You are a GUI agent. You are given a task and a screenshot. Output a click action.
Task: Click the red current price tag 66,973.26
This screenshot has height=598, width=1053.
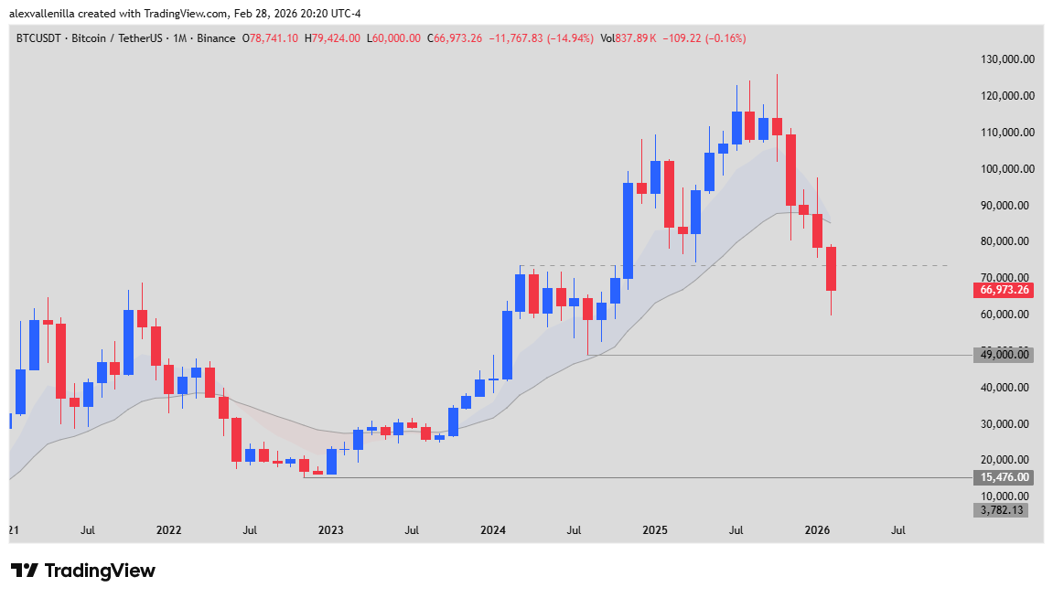pyautogui.click(x=1005, y=290)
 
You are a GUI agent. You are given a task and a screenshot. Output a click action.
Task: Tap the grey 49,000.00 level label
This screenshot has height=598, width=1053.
pyautogui.click(x=1005, y=355)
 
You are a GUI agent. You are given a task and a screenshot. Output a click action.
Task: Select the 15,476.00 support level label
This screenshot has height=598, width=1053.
pyautogui.click(x=1005, y=477)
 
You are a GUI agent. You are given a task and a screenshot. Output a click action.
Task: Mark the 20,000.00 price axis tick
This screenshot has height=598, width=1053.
pyautogui.click(x=1007, y=460)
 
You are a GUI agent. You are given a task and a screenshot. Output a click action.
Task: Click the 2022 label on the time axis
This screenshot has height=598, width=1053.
pyautogui.click(x=168, y=529)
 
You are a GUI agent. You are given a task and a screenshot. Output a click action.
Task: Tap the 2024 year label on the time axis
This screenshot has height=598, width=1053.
pyautogui.click(x=493, y=529)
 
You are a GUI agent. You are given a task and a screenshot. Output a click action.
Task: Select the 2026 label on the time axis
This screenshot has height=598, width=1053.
pyautogui.click(x=817, y=529)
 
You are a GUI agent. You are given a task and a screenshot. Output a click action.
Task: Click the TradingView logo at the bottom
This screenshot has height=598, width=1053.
pyautogui.click(x=83, y=571)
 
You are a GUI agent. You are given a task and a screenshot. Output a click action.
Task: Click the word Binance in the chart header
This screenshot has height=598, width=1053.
pyautogui.click(x=216, y=38)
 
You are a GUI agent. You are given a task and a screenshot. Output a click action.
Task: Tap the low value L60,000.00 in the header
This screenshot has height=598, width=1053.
pyautogui.click(x=393, y=38)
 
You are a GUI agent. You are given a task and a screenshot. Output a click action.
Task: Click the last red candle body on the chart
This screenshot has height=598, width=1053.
pyautogui.click(x=832, y=269)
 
